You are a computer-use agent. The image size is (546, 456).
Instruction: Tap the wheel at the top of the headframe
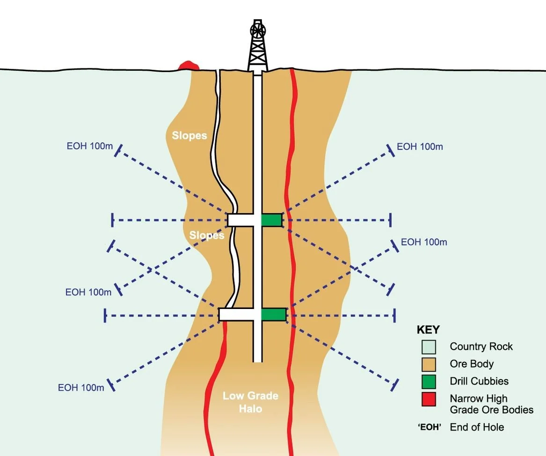pos(257,29)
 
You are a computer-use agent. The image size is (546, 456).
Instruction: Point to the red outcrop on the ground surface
pos(188,65)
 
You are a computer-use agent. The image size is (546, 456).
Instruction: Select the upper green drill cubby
pos(271,220)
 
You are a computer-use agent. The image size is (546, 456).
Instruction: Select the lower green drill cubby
pos(273,314)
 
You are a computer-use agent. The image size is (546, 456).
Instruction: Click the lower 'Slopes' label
pos(207,235)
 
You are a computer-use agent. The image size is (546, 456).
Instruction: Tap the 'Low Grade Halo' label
pos(244,402)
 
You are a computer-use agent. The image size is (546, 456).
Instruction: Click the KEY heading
pos(428,329)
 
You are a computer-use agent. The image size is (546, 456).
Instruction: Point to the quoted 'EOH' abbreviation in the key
pos(429,427)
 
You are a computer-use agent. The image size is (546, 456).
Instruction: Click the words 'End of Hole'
pos(477,427)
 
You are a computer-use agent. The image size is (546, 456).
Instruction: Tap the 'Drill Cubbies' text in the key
pos(479,381)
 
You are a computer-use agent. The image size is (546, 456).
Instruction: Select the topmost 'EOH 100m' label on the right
pos(420,147)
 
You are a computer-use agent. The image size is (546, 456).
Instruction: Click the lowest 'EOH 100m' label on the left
pos(81,388)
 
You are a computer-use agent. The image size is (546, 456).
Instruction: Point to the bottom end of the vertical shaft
pos(257,360)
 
